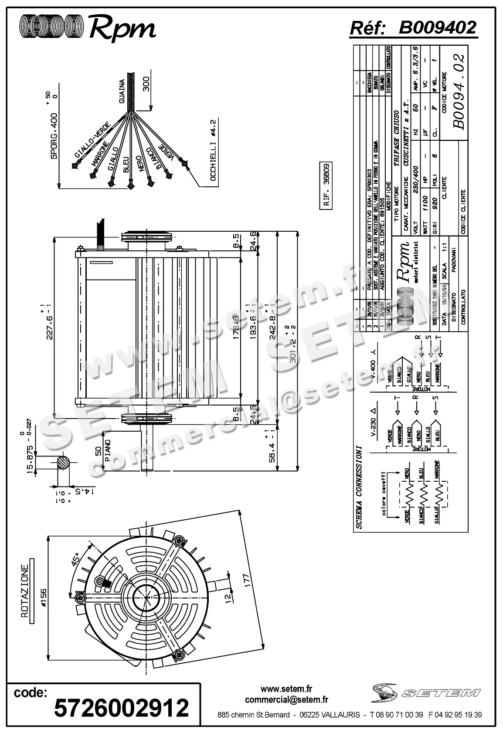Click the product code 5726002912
[x=121, y=707]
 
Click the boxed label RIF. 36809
[x=326, y=186]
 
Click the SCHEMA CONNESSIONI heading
[x=359, y=486]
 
